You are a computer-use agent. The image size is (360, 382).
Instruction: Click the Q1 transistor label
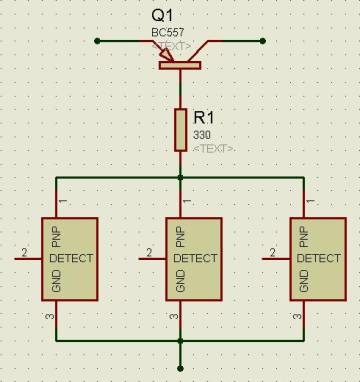tap(162, 16)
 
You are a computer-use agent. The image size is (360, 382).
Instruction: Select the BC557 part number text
tap(168, 32)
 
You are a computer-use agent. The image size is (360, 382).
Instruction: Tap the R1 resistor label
tap(204, 118)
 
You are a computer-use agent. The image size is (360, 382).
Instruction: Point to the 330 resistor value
tap(202, 135)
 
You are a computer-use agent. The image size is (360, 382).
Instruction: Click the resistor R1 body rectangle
tap(180, 130)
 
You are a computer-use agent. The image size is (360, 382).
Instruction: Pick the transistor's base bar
tap(180, 65)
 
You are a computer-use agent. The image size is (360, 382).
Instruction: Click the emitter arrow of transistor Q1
tap(166, 55)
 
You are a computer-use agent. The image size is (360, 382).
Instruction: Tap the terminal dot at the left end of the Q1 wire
tap(97, 41)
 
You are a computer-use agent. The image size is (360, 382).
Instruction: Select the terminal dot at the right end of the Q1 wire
tap(263, 41)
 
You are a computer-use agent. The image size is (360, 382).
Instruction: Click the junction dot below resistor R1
tap(180, 178)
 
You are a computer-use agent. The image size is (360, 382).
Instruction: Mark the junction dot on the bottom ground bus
tap(180, 341)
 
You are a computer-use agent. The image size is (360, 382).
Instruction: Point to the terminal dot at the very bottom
tap(180, 368)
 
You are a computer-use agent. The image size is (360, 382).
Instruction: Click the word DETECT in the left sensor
tap(71, 258)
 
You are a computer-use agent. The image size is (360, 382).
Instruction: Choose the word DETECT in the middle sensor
tap(195, 258)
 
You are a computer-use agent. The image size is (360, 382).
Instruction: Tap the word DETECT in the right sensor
tap(319, 258)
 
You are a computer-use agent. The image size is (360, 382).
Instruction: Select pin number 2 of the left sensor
tap(24, 253)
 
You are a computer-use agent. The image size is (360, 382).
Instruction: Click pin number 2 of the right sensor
tap(273, 253)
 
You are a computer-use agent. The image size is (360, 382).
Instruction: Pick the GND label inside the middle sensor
tap(180, 281)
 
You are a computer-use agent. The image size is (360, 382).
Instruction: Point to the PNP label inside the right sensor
tap(304, 237)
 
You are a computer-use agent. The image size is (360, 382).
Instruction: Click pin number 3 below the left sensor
tap(51, 316)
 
